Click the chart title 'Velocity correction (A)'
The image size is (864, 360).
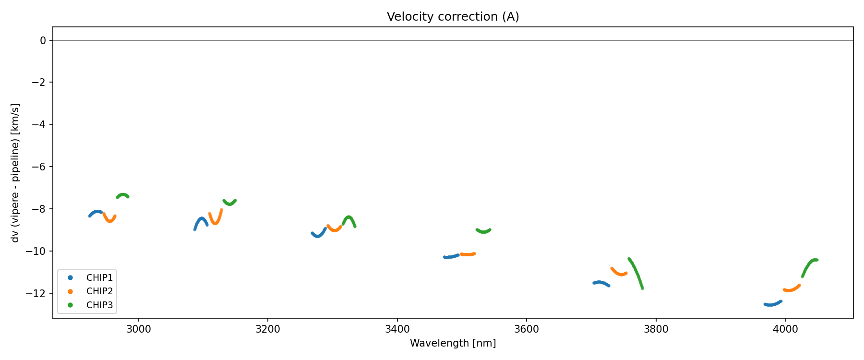453,17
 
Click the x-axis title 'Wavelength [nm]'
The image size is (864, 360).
453,343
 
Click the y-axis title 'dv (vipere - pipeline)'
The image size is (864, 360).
15,173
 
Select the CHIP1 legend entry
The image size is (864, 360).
99,277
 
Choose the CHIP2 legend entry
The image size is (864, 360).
99,291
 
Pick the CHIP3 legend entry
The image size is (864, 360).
99,305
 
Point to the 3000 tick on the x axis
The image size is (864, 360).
139,329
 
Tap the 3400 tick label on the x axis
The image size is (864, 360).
397,329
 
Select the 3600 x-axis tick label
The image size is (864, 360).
527,329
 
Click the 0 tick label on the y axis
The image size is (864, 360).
43,41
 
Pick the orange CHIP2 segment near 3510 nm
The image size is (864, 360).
468,254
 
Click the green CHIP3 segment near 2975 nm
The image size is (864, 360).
123,195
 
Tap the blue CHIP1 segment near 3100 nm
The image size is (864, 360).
201,219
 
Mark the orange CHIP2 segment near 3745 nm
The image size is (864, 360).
620,274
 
